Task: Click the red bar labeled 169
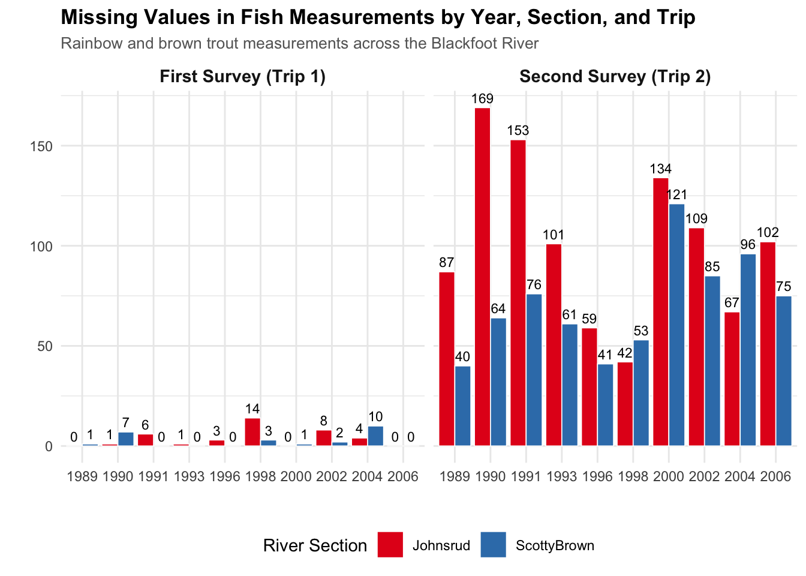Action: [482, 277]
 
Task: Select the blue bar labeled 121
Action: [676, 325]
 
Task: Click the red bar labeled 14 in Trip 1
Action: [252, 432]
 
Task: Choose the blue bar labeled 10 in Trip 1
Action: [375, 436]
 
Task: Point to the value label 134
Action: [661, 169]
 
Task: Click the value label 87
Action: [446, 263]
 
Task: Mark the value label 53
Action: [641, 331]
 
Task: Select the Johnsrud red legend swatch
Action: [390, 545]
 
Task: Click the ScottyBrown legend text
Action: [555, 546]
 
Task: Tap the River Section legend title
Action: [315, 546]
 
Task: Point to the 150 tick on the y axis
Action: [41, 146]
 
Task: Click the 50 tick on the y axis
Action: [45, 346]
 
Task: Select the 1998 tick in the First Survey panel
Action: [260, 477]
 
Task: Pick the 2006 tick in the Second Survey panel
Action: [775, 477]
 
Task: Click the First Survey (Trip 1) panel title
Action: [242, 77]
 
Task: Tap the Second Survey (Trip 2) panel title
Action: [615, 77]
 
